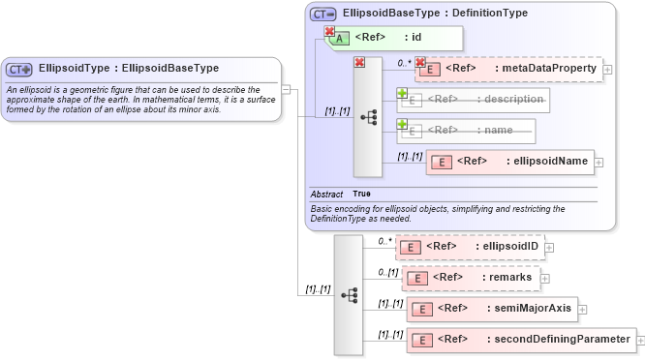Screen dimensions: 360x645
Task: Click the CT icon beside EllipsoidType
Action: (19, 69)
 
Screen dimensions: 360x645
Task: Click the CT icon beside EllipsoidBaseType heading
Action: (323, 15)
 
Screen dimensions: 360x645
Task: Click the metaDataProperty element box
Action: (508, 69)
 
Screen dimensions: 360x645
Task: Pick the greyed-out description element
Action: (474, 99)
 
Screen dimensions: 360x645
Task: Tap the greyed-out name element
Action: (474, 129)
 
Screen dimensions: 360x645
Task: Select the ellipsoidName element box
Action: (509, 162)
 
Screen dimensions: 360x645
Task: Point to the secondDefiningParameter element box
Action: (522, 340)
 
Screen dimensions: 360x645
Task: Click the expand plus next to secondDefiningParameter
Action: (641, 341)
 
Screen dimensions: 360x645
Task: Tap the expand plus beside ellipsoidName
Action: (599, 163)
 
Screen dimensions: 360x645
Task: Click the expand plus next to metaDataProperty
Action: (607, 70)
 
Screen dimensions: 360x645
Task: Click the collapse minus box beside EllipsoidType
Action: (286, 88)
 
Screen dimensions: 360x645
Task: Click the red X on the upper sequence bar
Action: (359, 63)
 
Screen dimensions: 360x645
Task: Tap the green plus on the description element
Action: (402, 93)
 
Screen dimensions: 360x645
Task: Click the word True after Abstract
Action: (362, 195)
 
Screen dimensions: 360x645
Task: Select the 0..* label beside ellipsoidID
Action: (384, 240)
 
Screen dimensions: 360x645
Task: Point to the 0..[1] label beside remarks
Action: (387, 272)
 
